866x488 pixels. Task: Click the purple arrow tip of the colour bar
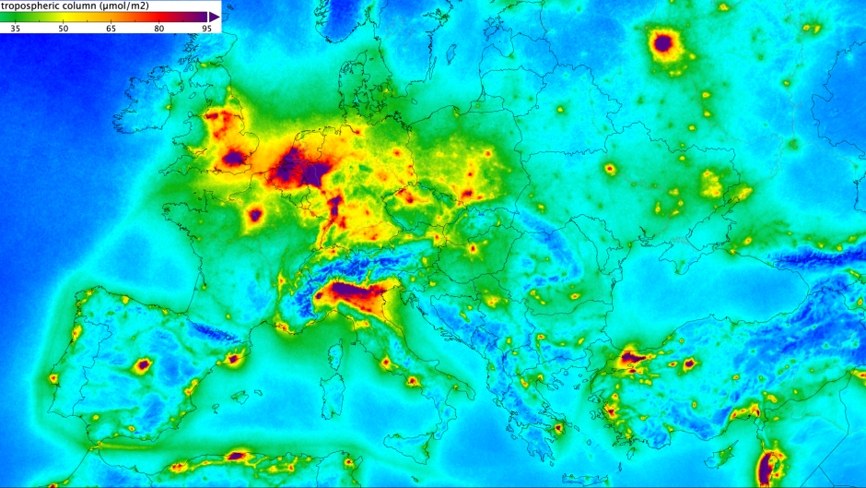[215, 17]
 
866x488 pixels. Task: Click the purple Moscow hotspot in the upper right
[662, 42]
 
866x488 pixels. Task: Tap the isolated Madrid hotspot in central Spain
[143, 365]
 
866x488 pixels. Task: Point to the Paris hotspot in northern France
[255, 216]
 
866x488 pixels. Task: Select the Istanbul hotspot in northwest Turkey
[634, 356]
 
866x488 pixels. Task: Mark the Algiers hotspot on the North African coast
[238, 455]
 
